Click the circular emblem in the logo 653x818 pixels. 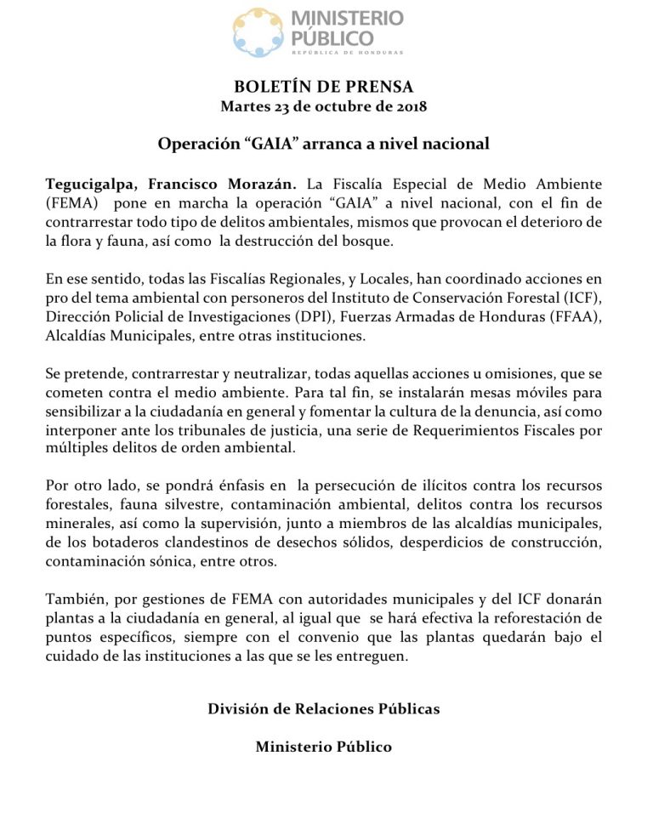pyautogui.click(x=259, y=31)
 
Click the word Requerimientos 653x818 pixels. pyautogui.click(x=464, y=430)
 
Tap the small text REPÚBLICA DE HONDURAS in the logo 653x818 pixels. pyautogui.click(x=347, y=53)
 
